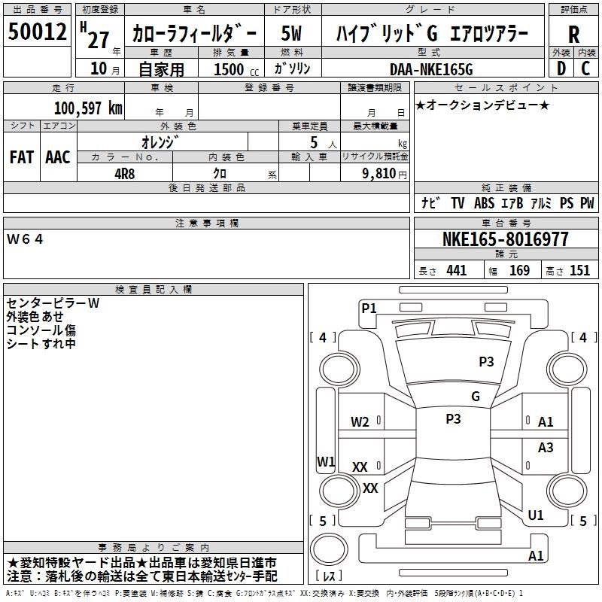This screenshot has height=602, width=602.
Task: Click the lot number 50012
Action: pyautogui.click(x=37, y=32)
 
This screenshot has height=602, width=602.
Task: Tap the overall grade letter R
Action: pyautogui.click(x=573, y=35)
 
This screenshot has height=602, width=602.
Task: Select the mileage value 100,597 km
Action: pyautogui.click(x=88, y=108)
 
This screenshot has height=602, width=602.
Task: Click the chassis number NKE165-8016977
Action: pyautogui.click(x=506, y=239)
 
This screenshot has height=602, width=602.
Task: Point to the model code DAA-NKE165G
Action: pyautogui.click(x=431, y=69)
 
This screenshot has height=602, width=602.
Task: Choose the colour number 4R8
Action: pyautogui.click(x=124, y=174)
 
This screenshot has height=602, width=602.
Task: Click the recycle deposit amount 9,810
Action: pyautogui.click(x=379, y=174)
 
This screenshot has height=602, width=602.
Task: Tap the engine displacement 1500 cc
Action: pyautogui.click(x=236, y=69)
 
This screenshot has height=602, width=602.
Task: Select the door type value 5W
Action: pyautogui.click(x=291, y=33)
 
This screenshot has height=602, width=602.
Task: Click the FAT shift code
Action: pyautogui.click(x=22, y=157)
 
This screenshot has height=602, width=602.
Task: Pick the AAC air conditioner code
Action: pyautogui.click(x=58, y=157)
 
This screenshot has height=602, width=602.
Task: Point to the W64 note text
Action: pyautogui.click(x=25, y=239)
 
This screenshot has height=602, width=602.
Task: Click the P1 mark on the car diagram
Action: pyautogui.click(x=369, y=308)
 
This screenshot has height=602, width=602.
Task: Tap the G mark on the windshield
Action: pyautogui.click(x=476, y=397)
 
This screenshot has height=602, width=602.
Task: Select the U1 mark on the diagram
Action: pyautogui.click(x=536, y=515)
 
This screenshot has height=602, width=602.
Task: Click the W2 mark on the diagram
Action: pyautogui.click(x=360, y=422)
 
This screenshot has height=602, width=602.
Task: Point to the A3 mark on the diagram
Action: pyautogui.click(x=546, y=447)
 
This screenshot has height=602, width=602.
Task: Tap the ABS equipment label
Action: pyautogui.click(x=484, y=202)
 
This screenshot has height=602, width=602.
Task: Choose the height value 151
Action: pyautogui.click(x=579, y=270)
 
